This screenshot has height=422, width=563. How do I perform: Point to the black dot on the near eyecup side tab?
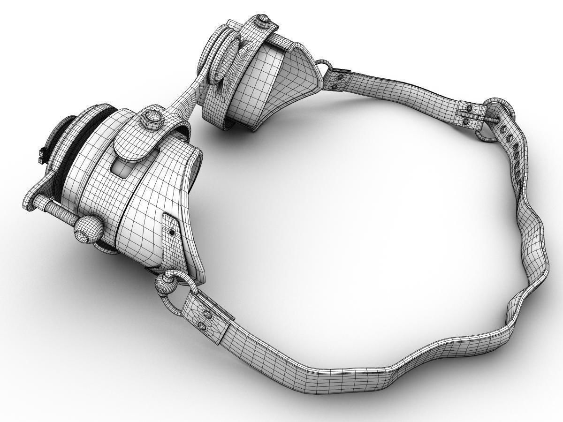pos(172,232)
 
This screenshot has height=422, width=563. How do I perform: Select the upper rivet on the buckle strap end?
pos(468,109)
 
